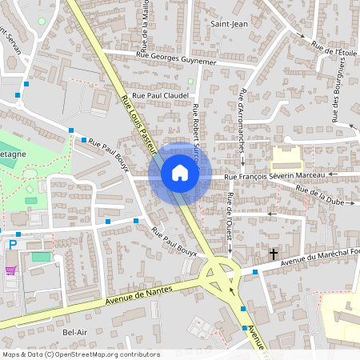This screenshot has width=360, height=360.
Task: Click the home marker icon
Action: (180, 173)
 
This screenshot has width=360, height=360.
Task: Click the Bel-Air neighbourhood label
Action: (74, 331)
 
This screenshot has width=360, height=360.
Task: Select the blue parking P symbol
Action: (12, 245)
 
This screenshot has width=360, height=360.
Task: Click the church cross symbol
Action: (274, 254)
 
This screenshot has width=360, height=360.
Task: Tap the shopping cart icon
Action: (11, 270)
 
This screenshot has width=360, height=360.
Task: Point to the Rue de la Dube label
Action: (319, 196)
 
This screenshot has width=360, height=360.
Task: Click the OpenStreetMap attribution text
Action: (81, 354)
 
